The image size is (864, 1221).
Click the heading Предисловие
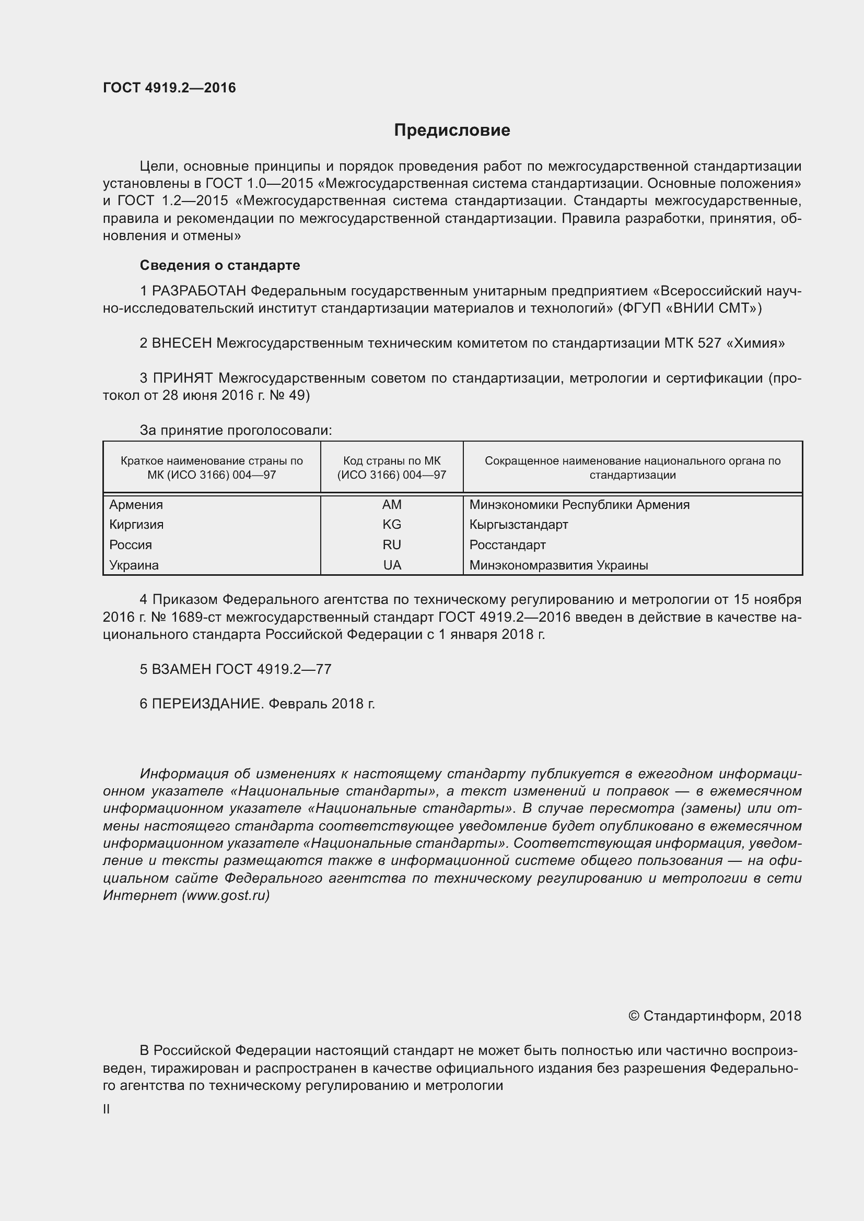click(452, 131)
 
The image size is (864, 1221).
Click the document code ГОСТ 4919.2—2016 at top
click(169, 88)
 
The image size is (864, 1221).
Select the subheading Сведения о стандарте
click(220, 265)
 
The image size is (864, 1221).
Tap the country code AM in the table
click(392, 505)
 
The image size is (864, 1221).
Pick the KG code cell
click(392, 524)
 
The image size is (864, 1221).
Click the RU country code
click(392, 544)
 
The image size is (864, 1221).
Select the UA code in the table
click(392, 565)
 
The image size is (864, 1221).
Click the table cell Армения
click(136, 505)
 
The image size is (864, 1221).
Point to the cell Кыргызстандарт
click(519, 524)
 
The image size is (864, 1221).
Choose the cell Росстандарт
click(508, 544)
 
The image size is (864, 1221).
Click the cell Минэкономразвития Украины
click(558, 565)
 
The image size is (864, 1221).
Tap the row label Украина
click(134, 565)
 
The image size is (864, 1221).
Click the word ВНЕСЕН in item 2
click(182, 343)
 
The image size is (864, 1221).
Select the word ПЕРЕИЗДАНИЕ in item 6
click(207, 704)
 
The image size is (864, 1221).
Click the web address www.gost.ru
click(226, 896)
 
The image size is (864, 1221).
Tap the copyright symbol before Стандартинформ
click(633, 1016)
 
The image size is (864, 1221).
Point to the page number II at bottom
click(107, 1109)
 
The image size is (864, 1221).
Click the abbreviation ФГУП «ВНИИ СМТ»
click(690, 309)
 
